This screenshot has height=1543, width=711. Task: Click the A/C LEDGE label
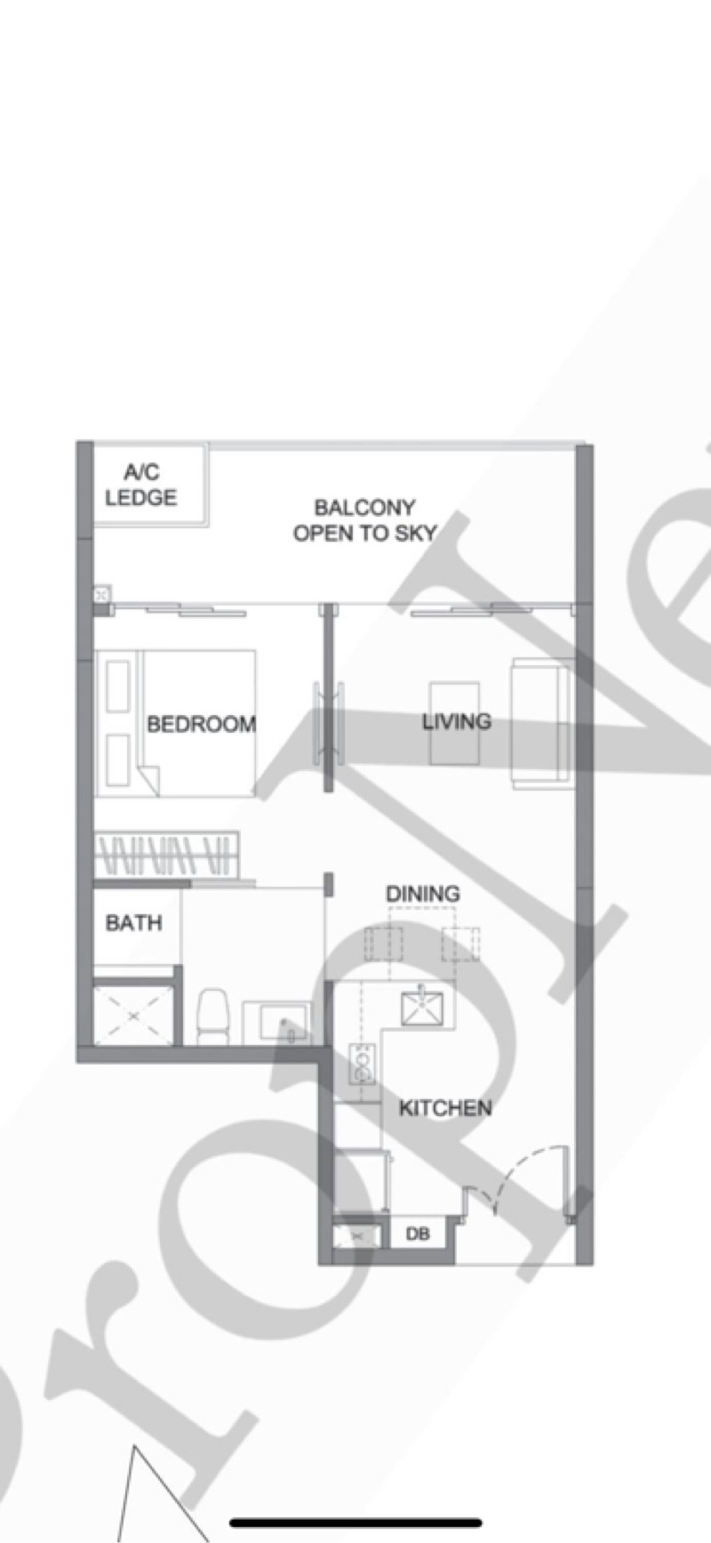(x=140, y=485)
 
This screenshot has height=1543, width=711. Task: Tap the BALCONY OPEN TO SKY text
(x=364, y=520)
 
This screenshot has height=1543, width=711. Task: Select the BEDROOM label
(x=201, y=724)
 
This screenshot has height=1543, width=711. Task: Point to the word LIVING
(x=456, y=721)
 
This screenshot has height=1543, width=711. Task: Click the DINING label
(x=423, y=894)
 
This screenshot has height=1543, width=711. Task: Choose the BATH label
(x=133, y=923)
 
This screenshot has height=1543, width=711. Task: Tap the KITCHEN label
(x=444, y=1108)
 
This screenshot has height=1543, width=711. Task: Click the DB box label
(x=418, y=1234)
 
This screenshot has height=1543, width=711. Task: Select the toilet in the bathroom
(x=212, y=1017)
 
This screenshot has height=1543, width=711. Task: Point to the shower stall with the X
(x=133, y=1015)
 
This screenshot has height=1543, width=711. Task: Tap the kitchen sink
(x=421, y=1007)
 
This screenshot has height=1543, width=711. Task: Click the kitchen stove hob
(x=363, y=1065)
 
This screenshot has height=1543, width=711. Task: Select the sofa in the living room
(x=539, y=722)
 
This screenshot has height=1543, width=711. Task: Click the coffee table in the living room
(x=454, y=723)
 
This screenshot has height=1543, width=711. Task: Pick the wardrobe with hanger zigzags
(x=166, y=856)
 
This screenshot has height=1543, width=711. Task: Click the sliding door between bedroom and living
(x=328, y=723)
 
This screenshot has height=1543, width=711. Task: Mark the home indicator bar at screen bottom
(x=355, y=1523)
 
